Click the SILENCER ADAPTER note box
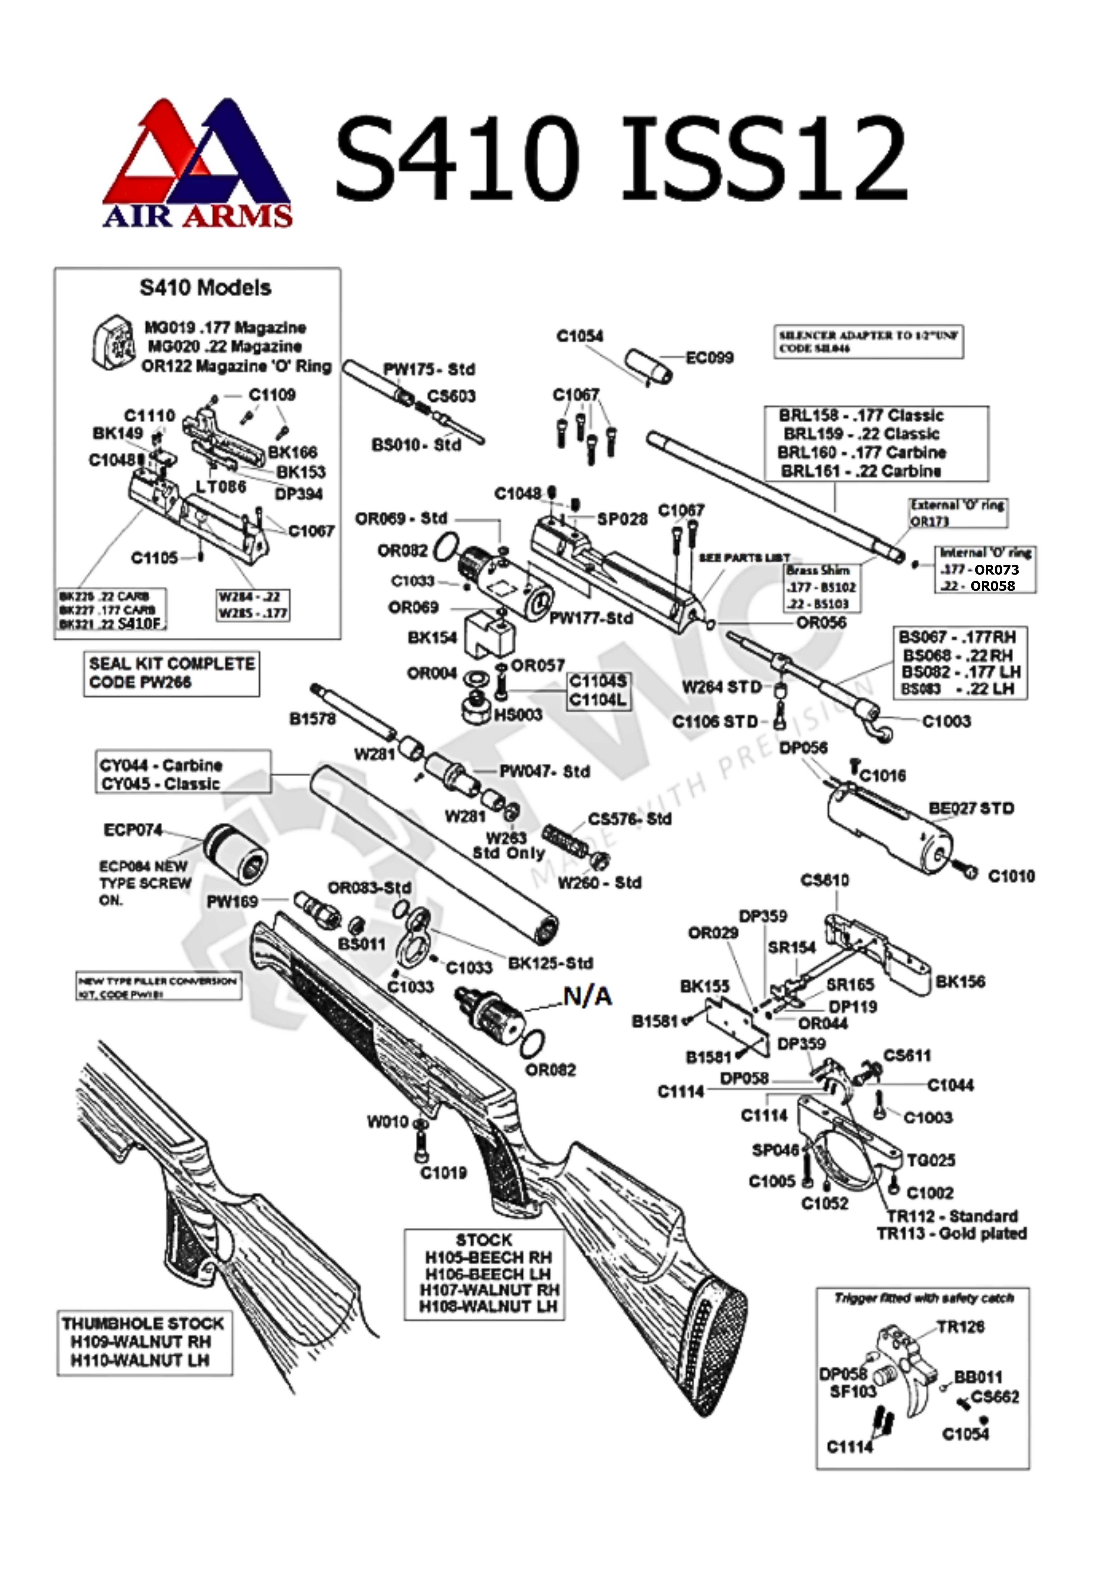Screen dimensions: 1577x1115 point(868,341)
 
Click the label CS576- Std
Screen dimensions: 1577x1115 point(629,819)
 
